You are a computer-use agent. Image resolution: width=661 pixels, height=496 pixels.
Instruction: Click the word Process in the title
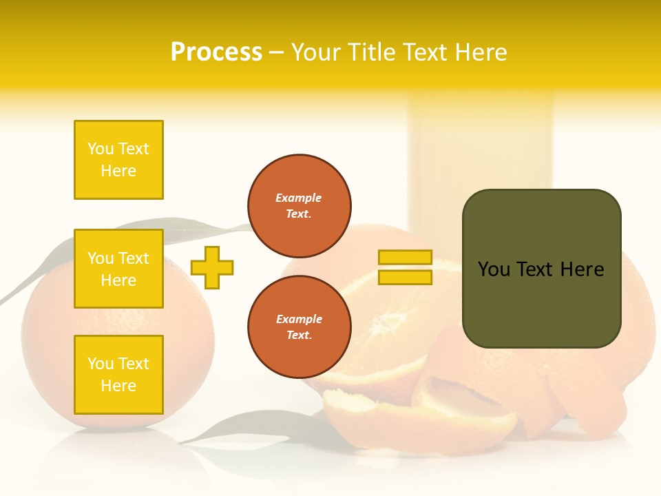(216, 52)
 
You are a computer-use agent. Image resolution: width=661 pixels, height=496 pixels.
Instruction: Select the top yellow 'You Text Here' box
(118, 160)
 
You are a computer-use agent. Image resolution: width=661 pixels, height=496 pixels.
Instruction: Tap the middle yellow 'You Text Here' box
(118, 269)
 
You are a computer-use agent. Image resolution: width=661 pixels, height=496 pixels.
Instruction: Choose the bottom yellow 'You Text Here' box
(118, 374)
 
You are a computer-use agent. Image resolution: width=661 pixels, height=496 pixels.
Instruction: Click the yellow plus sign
(212, 267)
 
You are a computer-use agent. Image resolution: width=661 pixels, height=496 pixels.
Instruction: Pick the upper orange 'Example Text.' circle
(300, 206)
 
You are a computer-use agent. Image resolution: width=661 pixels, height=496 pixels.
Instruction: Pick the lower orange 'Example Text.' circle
(300, 327)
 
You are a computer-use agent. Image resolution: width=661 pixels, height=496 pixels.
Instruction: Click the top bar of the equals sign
(405, 257)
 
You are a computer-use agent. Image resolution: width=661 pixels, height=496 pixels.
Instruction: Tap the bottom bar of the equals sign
(405, 277)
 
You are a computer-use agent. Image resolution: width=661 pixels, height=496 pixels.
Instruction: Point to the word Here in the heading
(481, 52)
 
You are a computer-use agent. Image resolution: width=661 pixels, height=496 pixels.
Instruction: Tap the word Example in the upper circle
(299, 198)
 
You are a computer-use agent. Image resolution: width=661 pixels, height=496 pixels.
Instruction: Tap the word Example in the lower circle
(299, 319)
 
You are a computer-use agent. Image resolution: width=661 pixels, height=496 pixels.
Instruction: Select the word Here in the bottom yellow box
(118, 386)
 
